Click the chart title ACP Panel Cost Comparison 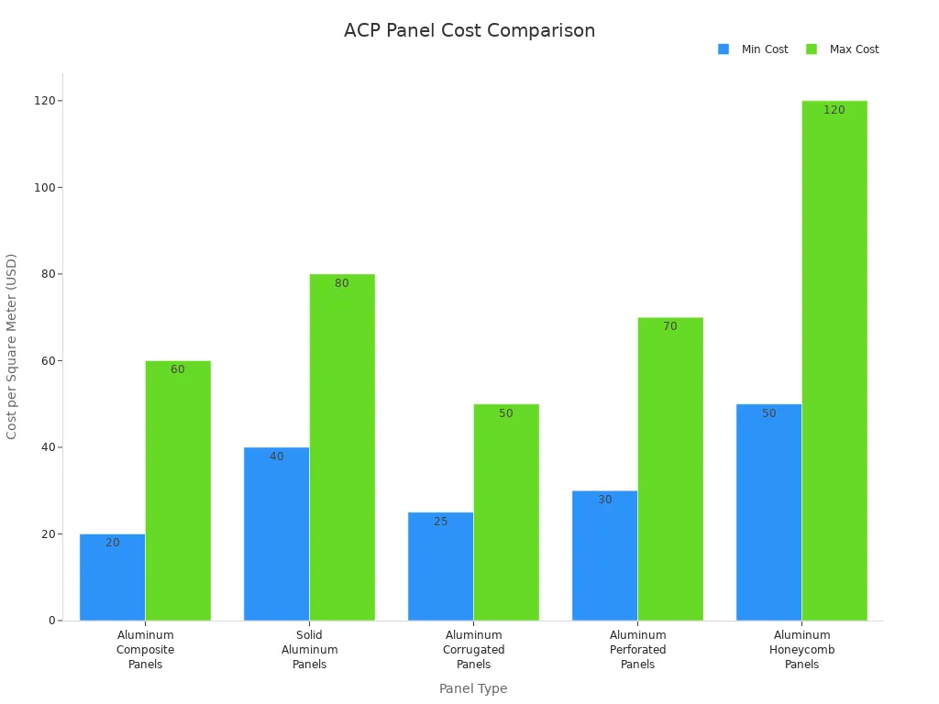[469, 30]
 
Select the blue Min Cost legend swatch [724, 49]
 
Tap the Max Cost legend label [854, 49]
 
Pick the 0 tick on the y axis [51, 621]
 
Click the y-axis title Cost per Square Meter [12, 346]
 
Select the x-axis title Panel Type [472, 688]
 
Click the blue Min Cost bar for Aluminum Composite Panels [112, 577]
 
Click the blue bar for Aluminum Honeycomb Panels [768, 512]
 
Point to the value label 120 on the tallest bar [834, 110]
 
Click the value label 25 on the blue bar [440, 522]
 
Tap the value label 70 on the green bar [670, 326]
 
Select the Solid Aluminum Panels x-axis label [309, 650]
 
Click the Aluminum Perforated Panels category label [637, 650]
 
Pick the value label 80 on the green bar [342, 283]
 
